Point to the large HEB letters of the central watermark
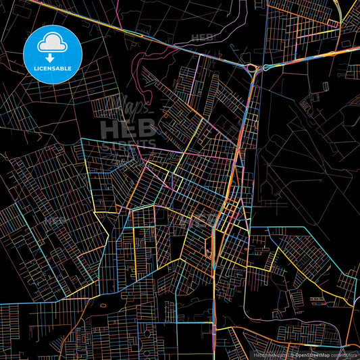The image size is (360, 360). coord(128,127)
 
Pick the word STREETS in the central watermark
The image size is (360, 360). coord(128,144)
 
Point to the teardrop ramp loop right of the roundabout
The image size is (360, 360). coord(265,68)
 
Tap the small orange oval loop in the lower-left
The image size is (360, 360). coord(102,306)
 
